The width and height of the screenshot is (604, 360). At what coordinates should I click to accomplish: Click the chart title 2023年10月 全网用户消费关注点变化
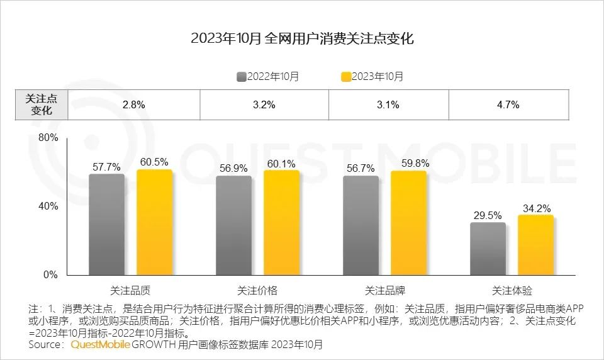(x=302, y=39)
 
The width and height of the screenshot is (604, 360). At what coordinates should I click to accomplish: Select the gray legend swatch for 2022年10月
(x=241, y=77)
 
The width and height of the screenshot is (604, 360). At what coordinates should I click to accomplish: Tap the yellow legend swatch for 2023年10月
(x=345, y=77)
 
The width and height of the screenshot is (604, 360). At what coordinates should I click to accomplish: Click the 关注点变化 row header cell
(x=41, y=105)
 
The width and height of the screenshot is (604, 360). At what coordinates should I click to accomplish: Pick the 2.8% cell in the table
(x=133, y=105)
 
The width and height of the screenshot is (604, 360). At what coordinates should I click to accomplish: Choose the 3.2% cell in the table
(x=264, y=105)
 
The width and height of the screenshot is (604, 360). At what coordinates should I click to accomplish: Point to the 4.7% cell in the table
(x=508, y=105)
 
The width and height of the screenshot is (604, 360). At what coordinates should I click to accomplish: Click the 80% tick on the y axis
(x=48, y=138)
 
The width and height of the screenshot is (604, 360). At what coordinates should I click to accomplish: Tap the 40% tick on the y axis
(x=48, y=206)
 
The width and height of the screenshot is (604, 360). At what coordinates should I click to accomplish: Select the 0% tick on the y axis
(x=51, y=275)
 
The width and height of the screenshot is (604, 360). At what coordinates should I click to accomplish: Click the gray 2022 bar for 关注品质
(x=106, y=225)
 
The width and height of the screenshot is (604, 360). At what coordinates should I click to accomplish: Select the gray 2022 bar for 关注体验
(x=488, y=249)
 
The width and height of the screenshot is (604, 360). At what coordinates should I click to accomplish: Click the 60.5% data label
(x=154, y=162)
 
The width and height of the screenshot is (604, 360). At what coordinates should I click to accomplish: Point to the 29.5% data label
(x=488, y=214)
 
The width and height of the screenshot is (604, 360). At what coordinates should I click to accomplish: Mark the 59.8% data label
(x=408, y=164)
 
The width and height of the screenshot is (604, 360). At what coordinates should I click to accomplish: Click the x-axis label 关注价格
(x=257, y=291)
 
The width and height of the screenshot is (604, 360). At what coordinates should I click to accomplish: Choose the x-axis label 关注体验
(x=512, y=291)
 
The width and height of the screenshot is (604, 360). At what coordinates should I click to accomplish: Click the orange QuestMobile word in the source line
(x=101, y=345)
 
